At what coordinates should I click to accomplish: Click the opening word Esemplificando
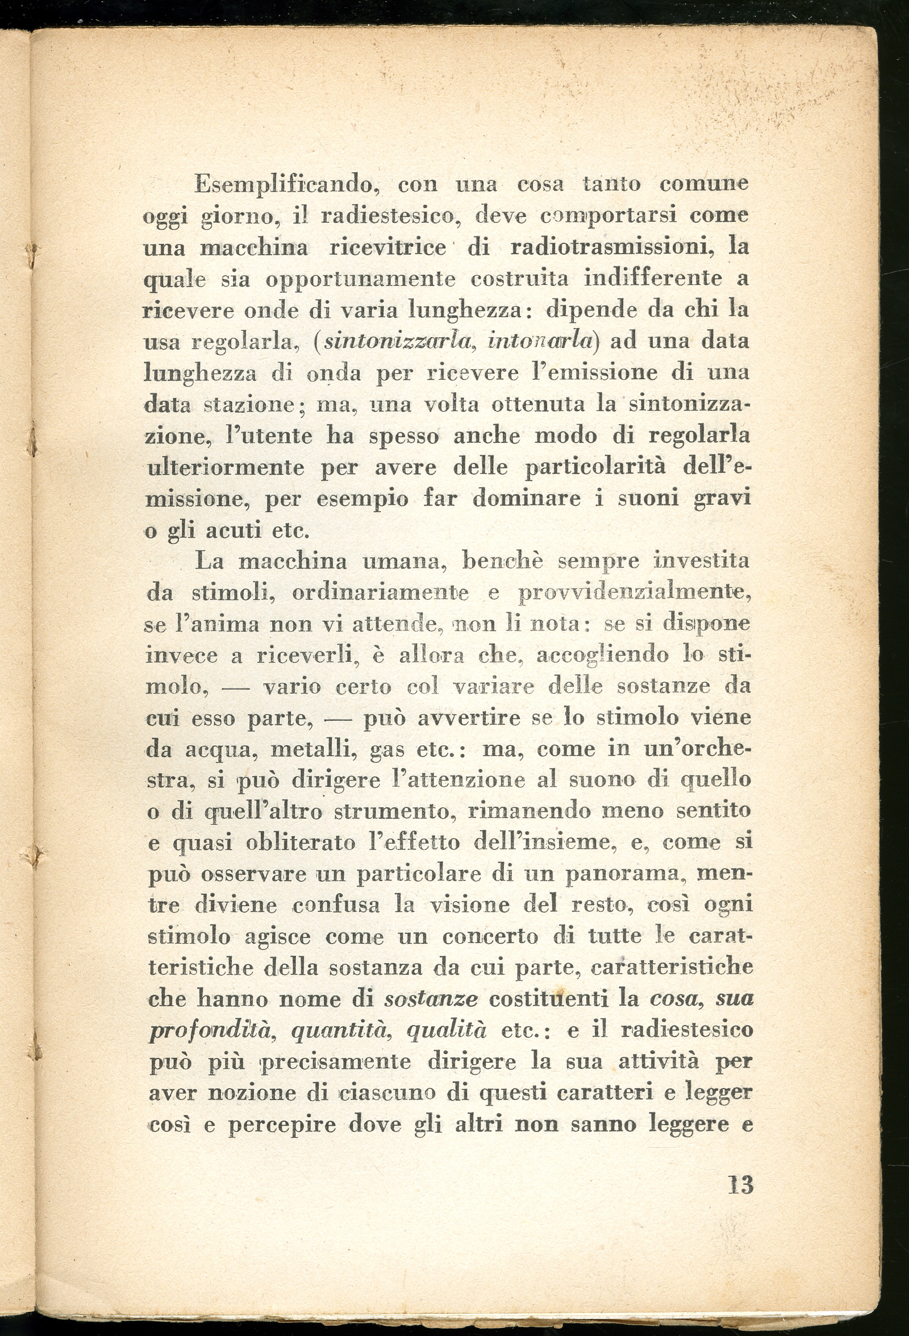click(x=285, y=185)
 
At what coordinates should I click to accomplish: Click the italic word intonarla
click(x=540, y=342)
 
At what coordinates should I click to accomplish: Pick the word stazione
click(x=250, y=405)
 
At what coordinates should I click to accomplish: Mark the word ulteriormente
click(x=225, y=467)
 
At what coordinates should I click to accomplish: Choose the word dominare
click(x=527, y=499)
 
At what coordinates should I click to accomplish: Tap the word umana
click(x=405, y=561)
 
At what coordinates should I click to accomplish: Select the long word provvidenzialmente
click(x=634, y=593)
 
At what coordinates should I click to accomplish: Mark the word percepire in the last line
click(x=282, y=1125)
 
